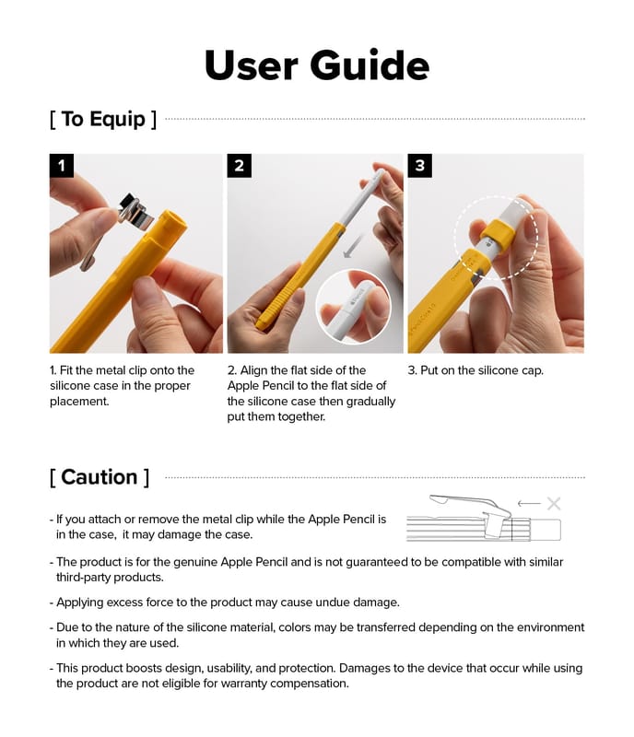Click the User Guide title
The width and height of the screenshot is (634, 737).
coord(316,65)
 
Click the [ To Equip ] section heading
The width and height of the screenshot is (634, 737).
coord(102,119)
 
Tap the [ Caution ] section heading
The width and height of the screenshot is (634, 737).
coord(99,476)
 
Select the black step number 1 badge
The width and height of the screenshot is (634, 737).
coord(62,166)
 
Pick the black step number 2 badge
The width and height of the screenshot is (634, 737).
coord(239,166)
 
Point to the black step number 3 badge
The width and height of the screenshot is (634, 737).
coord(419,166)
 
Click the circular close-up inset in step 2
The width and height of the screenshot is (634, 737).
coord(353,307)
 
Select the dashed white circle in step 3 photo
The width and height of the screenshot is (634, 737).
coord(496,237)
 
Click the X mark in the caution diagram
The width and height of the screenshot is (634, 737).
coord(553,504)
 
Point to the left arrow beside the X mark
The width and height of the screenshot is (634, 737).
coord(529,504)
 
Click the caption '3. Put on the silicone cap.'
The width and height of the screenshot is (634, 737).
coord(475,370)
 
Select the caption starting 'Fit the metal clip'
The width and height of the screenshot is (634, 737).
coord(123,386)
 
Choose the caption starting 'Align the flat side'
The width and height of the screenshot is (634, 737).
coord(311,393)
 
